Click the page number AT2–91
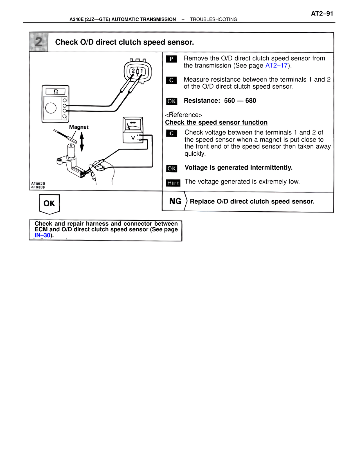[x=322, y=14]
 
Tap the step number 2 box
[x=39, y=42]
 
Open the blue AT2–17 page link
[x=276, y=66]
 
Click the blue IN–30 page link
[x=42, y=235]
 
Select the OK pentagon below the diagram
[x=49, y=203]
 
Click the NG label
[x=175, y=201]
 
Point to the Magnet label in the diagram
[x=79, y=127]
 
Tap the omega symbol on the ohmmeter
[x=56, y=91]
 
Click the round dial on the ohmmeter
[x=51, y=108]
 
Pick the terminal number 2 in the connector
[x=133, y=71]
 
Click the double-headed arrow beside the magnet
[x=82, y=142]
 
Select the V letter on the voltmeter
[x=133, y=138]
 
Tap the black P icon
[x=171, y=59]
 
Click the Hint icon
[x=173, y=183]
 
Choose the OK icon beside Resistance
[x=172, y=101]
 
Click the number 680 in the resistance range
[x=251, y=101]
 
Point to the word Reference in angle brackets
[x=184, y=115]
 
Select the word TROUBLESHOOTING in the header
[x=213, y=19]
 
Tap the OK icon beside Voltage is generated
[x=172, y=168]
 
